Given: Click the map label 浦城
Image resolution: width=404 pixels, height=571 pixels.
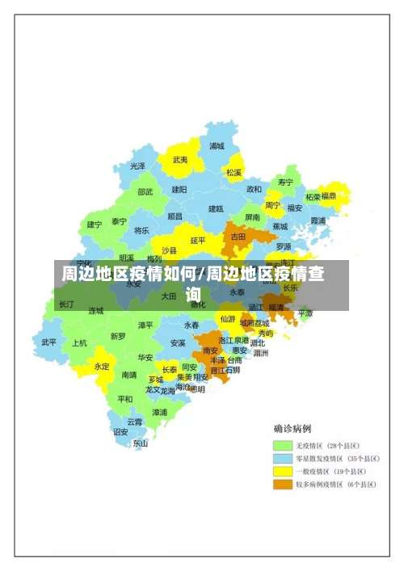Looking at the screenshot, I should point(217,146).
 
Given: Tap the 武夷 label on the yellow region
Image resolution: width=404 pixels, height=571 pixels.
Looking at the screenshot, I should point(180,160).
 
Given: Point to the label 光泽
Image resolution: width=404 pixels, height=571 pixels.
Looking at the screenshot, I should point(138,166).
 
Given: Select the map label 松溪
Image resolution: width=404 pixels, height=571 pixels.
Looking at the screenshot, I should point(234,172).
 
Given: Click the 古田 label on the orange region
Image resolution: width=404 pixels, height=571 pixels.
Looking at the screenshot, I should point(238,237).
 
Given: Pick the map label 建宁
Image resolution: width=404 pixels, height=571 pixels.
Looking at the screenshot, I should point(95,224).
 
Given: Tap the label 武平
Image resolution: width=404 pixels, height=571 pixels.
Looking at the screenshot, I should point(49,342).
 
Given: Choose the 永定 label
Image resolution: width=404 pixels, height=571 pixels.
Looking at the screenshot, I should point(102,366).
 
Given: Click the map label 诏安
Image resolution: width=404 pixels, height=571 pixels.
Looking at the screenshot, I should point(120,431).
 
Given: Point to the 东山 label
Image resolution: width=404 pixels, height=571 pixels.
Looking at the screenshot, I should point(141,443).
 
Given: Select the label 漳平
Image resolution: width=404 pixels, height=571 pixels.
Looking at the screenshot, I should point(145,325).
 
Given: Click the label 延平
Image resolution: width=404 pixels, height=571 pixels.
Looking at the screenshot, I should point(198,240).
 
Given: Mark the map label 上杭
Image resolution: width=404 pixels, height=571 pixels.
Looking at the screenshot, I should point(79,342).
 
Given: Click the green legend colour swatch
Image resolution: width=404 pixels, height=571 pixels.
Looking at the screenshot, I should point(281,445).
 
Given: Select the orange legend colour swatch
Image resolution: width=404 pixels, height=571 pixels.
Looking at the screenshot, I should point(281,485).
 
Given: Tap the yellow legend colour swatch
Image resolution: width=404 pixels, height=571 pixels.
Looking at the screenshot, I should point(281,471).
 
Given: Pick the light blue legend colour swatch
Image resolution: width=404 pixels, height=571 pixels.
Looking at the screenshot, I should point(281,458).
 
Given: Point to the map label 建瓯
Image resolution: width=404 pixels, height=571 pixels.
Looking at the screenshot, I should point(216,208).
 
